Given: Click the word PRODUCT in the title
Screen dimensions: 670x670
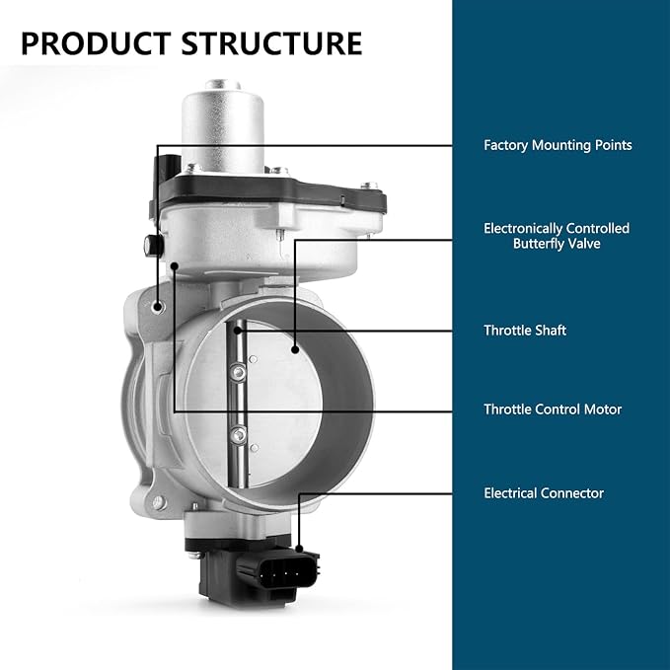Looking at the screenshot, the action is pos(96,43).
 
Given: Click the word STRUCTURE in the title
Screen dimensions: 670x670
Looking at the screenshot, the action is pos(271,43).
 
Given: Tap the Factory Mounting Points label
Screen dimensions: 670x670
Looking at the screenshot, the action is pos(558,145).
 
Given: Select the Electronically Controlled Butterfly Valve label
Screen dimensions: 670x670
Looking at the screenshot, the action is pos(557,236).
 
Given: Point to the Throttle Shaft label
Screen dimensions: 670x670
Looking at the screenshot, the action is pos(525,331).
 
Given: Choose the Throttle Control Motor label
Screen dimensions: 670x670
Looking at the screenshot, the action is pos(553,409).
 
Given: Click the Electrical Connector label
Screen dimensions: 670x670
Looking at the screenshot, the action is pos(544,493).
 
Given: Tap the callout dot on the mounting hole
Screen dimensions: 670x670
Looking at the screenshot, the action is pos(158,306).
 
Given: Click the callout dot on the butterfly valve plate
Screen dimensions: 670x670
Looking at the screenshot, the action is pos(295,350).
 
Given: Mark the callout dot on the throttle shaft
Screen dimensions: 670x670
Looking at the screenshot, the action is pos(238,331).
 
